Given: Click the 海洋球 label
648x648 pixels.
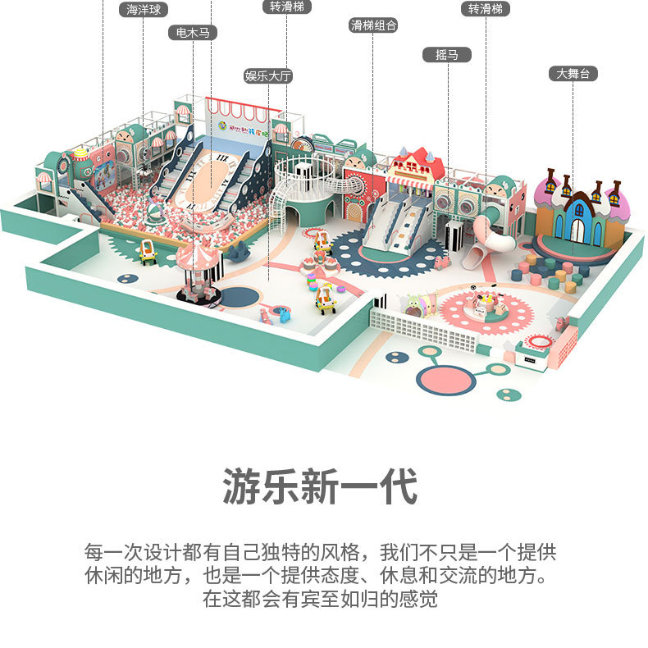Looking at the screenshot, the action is tap(144, 10).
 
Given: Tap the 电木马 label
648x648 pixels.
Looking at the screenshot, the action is tap(193, 33).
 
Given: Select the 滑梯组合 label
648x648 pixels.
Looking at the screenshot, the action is tap(373, 25).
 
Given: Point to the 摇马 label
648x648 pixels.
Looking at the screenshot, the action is tap(447, 55).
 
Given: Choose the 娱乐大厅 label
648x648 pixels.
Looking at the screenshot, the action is tap(268, 76).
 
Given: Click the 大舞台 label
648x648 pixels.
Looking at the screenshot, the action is tap(573, 74).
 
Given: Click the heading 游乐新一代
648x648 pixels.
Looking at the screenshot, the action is tap(320, 486).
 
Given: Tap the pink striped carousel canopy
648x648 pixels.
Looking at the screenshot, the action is tap(197, 255).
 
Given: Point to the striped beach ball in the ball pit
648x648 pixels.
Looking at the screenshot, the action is tap(154, 211).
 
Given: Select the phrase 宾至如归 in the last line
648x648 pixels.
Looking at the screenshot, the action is tap(340, 599).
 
